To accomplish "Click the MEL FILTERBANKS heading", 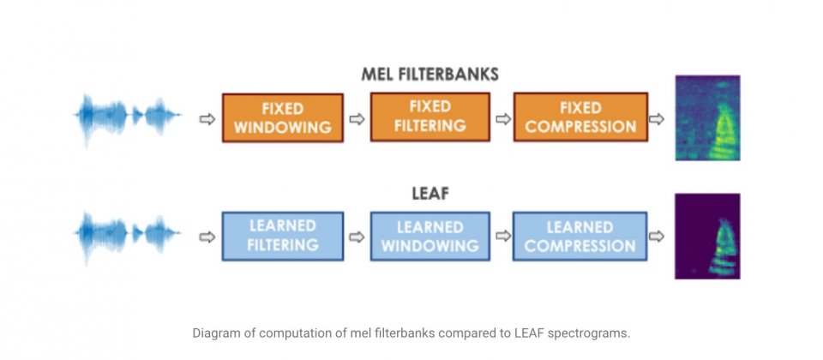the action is click(430, 75).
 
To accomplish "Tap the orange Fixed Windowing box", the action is click(283, 117).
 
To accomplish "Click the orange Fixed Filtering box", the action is click(430, 117).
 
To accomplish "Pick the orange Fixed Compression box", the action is click(580, 117).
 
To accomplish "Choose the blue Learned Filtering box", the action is click(283, 237).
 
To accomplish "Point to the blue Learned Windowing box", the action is click(430, 237).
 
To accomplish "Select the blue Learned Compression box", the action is click(580, 237).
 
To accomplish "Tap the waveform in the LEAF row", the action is click(128, 236).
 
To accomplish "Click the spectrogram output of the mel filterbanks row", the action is click(707, 117).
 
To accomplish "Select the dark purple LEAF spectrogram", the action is click(707, 237).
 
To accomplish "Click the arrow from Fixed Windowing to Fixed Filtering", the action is click(357, 119).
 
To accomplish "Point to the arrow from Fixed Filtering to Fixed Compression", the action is click(503, 119).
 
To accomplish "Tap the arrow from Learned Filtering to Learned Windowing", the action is click(357, 237).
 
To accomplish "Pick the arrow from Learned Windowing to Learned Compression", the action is click(503, 237).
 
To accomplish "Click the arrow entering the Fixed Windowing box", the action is click(207, 119).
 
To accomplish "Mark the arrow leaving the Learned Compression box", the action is click(657, 237).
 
